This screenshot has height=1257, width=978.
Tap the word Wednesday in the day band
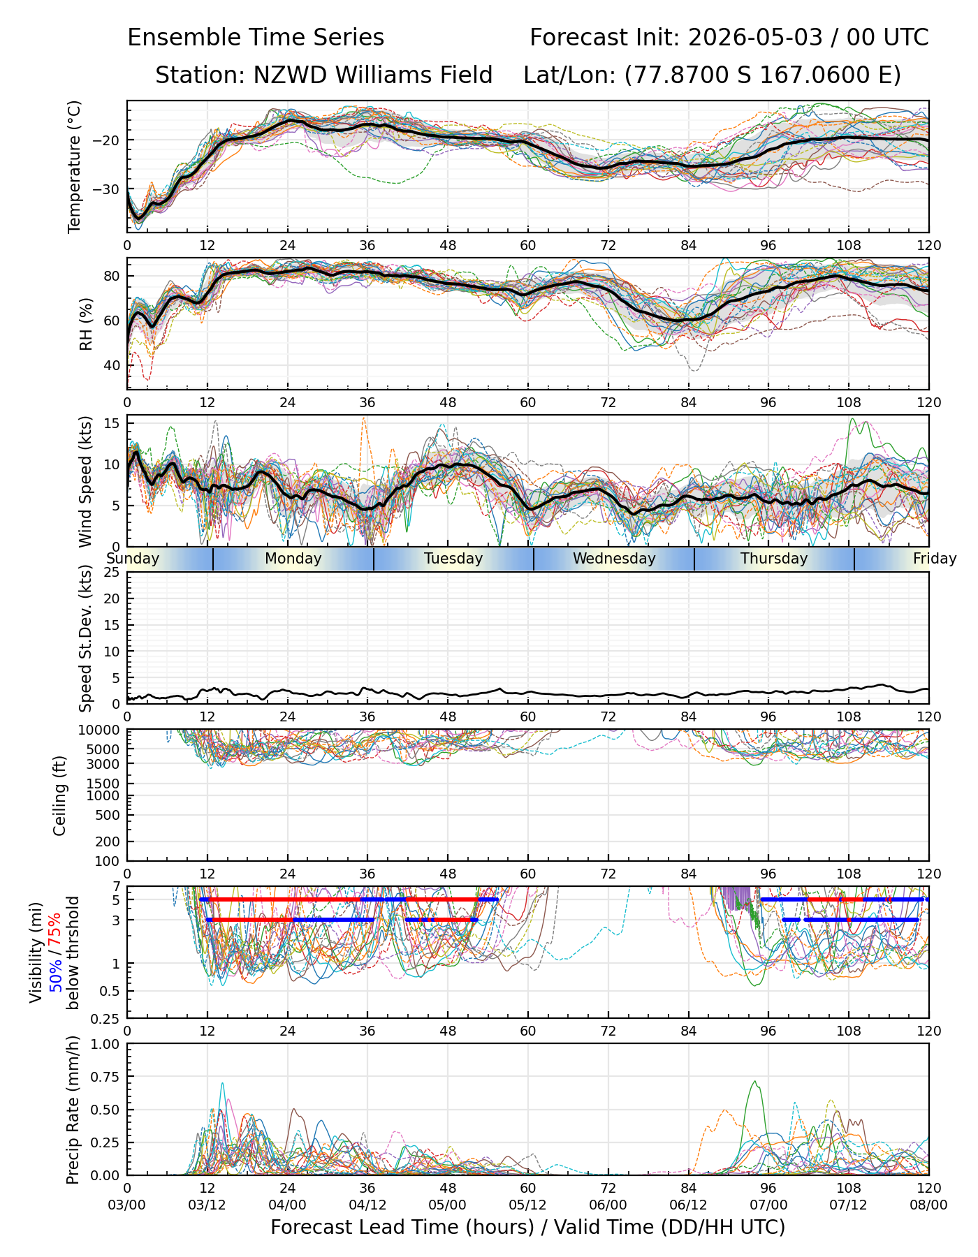[x=614, y=559]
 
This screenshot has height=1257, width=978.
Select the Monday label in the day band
[x=293, y=559]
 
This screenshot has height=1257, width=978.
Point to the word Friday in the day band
[x=935, y=559]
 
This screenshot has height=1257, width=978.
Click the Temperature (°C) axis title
[x=75, y=166]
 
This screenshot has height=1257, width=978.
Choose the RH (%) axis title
[x=86, y=323]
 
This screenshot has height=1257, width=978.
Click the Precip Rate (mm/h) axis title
[x=73, y=1110]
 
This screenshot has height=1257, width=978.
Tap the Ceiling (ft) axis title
[x=60, y=795]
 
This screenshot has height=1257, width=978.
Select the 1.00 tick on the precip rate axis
[x=108, y=1045]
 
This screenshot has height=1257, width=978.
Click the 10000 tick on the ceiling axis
[x=102, y=730]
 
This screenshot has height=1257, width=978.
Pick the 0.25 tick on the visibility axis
[x=108, y=1018]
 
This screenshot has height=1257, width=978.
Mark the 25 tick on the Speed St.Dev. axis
[x=113, y=573]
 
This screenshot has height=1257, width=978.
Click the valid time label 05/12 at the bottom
[x=528, y=1205]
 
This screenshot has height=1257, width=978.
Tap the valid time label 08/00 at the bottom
[x=928, y=1205]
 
